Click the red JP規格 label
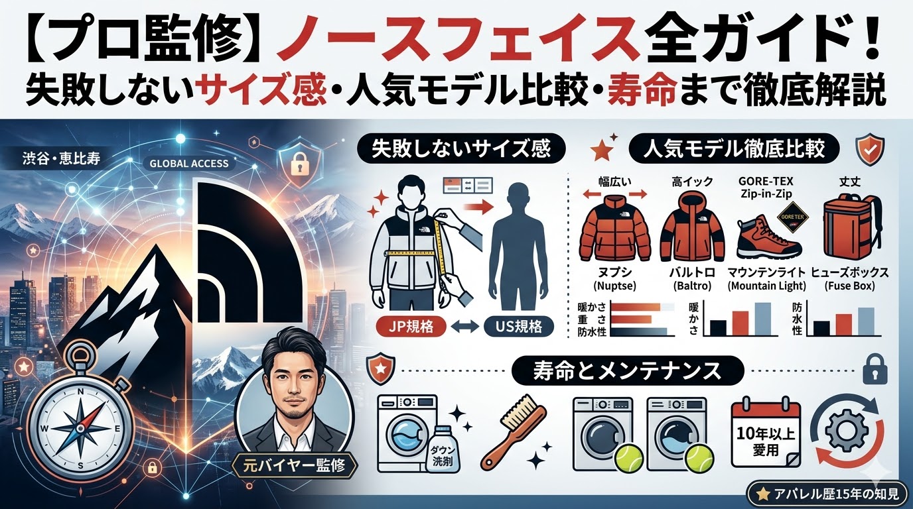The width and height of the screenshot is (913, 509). tap(406, 327)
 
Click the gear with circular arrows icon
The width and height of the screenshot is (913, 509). tap(845, 431)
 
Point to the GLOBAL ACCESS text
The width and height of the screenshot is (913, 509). tap(189, 163)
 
